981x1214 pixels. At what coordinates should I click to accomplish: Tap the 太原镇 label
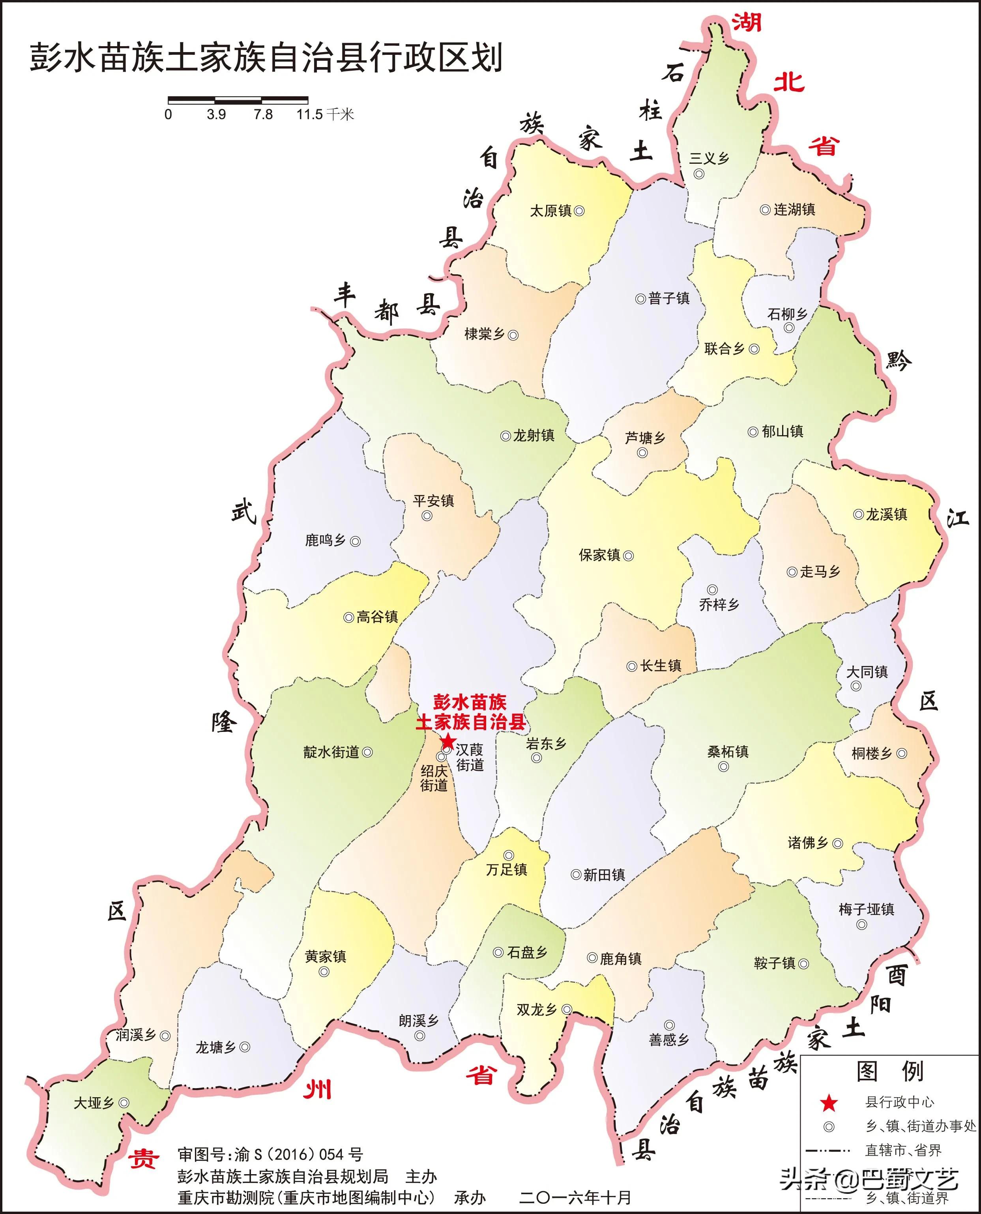pos(550,211)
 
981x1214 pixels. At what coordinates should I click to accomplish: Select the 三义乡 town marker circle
pos(699,174)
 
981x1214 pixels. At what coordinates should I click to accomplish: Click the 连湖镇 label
pos(794,210)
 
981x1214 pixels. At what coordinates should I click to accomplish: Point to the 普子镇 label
pos(669,298)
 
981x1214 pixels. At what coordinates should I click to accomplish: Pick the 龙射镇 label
pos(534,436)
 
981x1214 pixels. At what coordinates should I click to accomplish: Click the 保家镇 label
pos(599,555)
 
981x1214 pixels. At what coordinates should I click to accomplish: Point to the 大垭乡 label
pos(94,1103)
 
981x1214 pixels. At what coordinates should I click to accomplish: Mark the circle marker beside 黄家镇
pos(324,972)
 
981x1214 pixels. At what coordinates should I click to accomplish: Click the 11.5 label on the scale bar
pos(310,115)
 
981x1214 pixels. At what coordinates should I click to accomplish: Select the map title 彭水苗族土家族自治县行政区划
pos(266,58)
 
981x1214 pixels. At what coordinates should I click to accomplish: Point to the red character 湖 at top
pos(747,22)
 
